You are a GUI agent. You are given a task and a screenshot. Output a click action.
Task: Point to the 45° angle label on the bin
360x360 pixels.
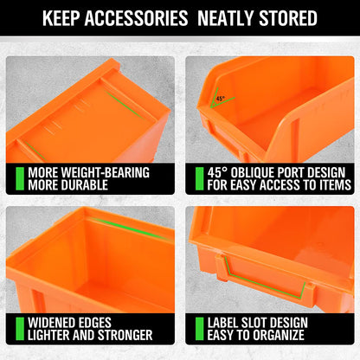point(222,99)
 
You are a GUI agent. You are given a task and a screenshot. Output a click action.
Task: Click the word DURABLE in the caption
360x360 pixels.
point(88,184)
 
